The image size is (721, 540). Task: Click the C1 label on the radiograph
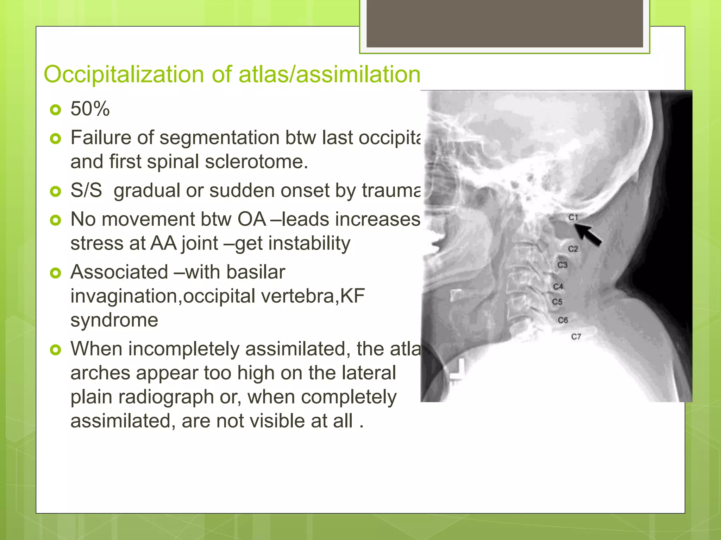[x=573, y=217]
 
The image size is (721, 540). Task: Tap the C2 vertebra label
[x=573, y=249]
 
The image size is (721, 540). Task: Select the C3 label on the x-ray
[x=563, y=265]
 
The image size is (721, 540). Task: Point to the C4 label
[x=558, y=287]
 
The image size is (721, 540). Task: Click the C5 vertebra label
[x=557, y=302]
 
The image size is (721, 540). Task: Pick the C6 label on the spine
[x=563, y=320]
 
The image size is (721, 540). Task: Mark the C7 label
[x=576, y=337]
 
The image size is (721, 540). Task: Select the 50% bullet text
[x=90, y=109]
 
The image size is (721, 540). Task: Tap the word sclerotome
[x=256, y=162]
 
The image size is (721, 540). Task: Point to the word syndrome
[x=114, y=320]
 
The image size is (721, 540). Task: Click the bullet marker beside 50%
[x=56, y=110]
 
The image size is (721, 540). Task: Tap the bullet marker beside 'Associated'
[x=56, y=273]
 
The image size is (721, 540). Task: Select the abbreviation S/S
[x=86, y=191]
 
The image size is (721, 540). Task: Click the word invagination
[x=125, y=296]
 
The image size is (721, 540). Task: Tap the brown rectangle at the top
[x=504, y=23]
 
